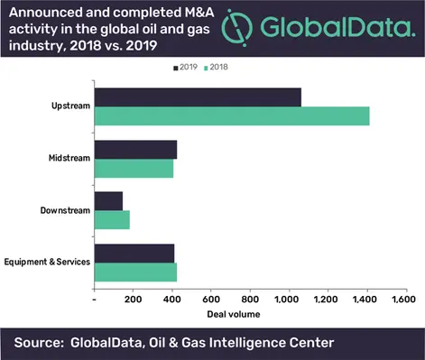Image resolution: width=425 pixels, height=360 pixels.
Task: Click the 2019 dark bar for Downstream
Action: click(x=108, y=200)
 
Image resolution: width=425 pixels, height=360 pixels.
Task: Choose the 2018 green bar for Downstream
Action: click(x=112, y=218)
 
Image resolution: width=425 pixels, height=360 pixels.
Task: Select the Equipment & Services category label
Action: click(x=47, y=262)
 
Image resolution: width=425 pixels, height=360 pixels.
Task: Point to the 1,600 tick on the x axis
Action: click(x=403, y=298)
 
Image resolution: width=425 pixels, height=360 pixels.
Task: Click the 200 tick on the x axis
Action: click(x=133, y=298)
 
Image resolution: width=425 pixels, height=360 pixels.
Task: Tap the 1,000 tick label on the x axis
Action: click(x=287, y=298)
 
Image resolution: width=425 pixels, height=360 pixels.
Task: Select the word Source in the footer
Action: click(x=41, y=342)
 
